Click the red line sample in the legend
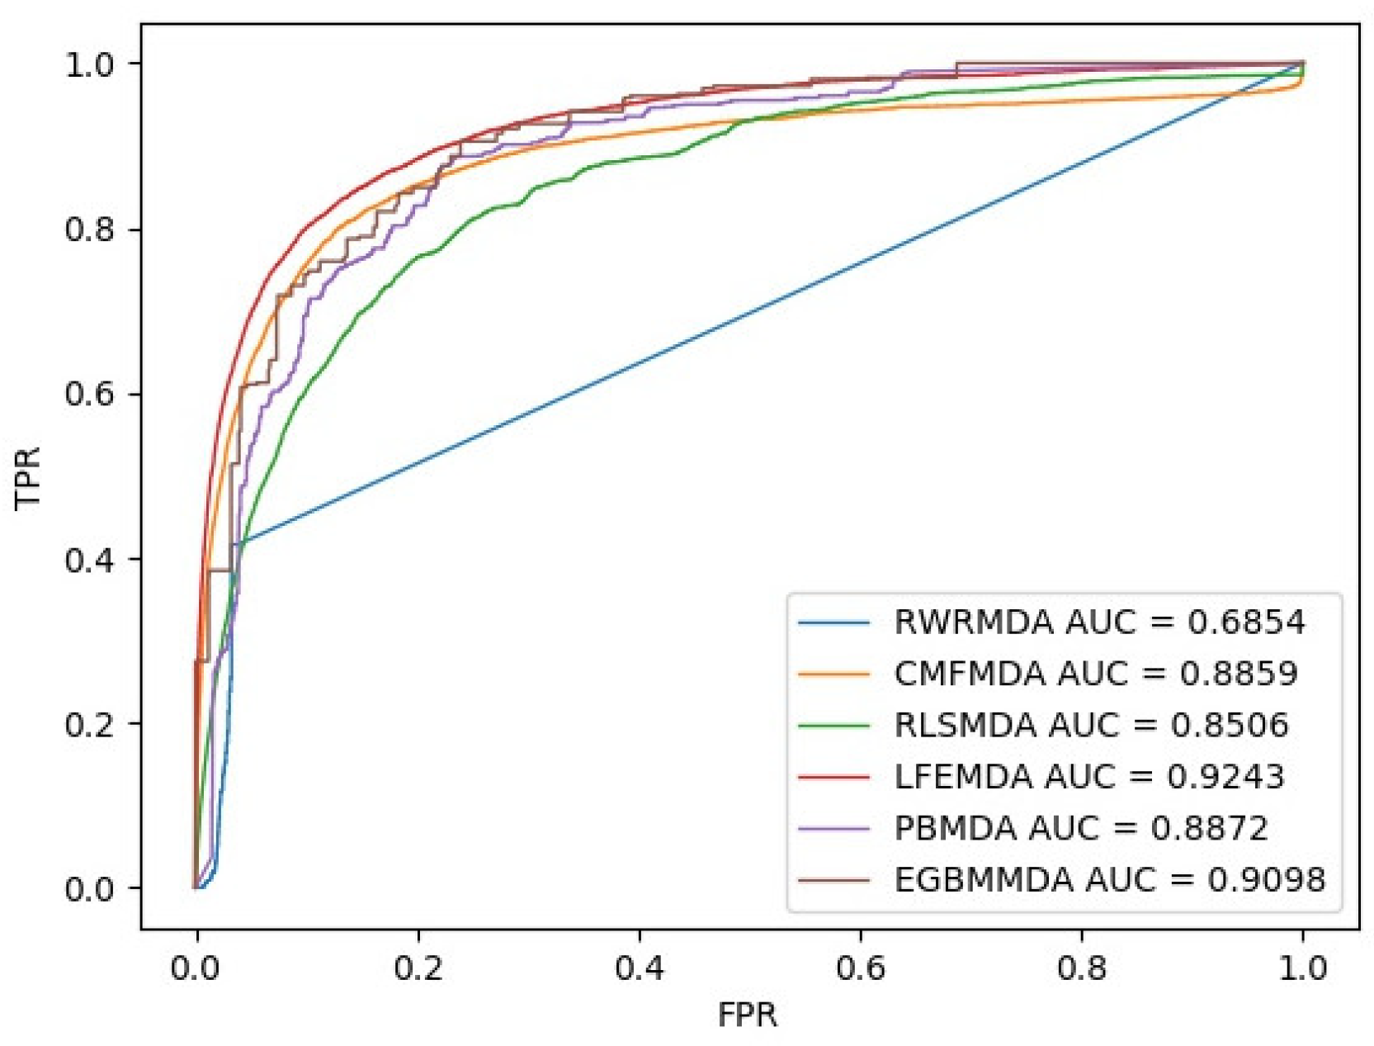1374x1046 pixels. pos(833,777)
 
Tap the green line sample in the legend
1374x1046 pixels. pos(833,726)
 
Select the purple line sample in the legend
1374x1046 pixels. pos(833,829)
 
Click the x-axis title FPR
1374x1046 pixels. pos(747,1015)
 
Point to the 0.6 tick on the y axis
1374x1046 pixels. pos(89,394)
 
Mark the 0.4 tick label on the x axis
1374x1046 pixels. pos(639,968)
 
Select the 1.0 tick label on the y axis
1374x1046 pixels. pos(89,64)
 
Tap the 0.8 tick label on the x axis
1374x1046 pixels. pos(1081,968)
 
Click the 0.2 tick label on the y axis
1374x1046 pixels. pos(89,724)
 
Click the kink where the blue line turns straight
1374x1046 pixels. pos(237,543)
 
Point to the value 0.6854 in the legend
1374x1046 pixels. pos(1246,622)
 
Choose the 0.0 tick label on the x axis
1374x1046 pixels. pos(196,968)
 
